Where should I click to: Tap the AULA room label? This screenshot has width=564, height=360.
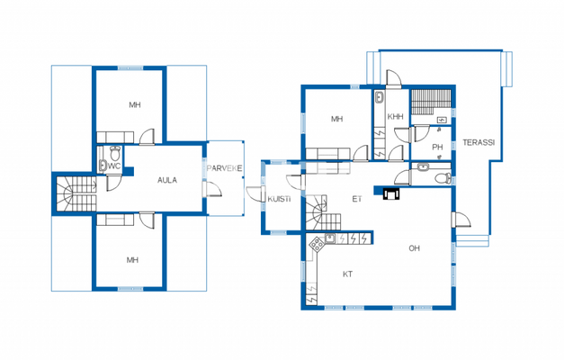pyautogui.click(x=167, y=180)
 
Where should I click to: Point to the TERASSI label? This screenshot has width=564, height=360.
pyautogui.click(x=478, y=143)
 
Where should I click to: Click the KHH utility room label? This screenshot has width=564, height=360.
pyautogui.click(x=396, y=117)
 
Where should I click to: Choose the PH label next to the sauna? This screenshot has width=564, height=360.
pyautogui.click(x=437, y=147)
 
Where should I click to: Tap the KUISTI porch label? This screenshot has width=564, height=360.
pyautogui.click(x=279, y=199)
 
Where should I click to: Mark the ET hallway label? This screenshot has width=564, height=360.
pyautogui.click(x=356, y=199)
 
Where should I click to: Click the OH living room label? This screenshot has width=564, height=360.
pyautogui.click(x=415, y=247)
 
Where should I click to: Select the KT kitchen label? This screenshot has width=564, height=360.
pyautogui.click(x=347, y=274)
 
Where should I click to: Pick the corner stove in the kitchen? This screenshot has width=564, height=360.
pyautogui.click(x=316, y=242)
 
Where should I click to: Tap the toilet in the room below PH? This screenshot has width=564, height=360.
pyautogui.click(x=439, y=178)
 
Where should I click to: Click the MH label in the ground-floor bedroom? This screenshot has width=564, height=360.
pyautogui.click(x=337, y=119)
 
